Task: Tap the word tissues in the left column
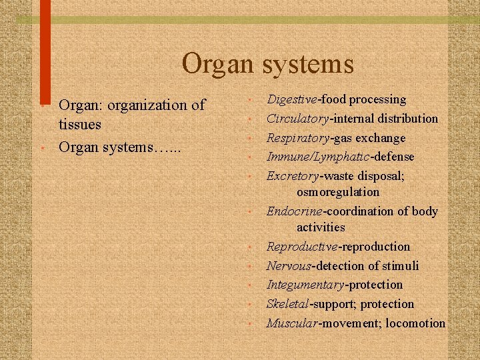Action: point(80,124)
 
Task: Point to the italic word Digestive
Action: point(293,99)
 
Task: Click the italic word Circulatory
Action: point(297,119)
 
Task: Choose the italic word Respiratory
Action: point(297,138)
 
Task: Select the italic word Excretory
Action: point(293,176)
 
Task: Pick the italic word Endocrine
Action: point(294,211)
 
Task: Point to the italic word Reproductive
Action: point(302,247)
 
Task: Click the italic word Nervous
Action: point(289,266)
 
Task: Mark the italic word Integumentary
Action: point(305,285)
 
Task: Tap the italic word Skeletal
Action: point(287,304)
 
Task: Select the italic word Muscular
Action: point(292,323)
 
